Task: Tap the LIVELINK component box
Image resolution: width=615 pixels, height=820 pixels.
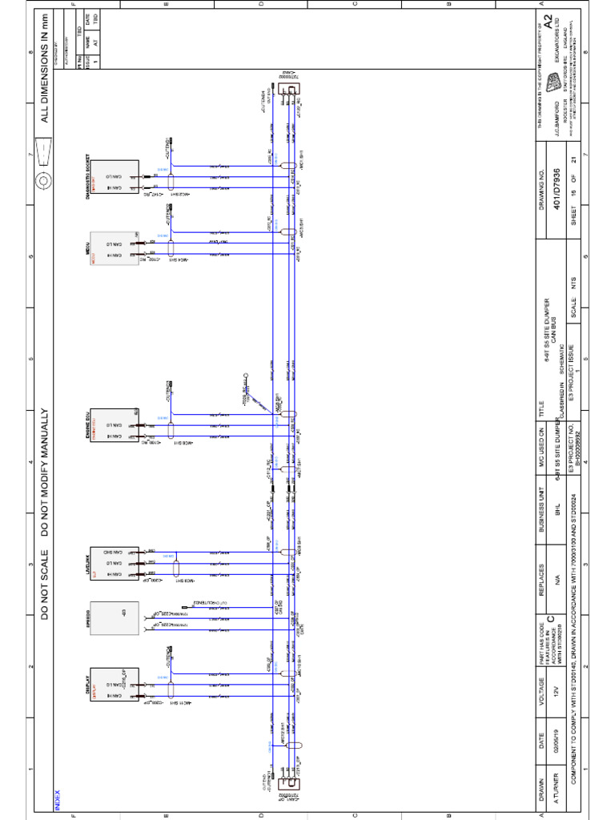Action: coord(115,564)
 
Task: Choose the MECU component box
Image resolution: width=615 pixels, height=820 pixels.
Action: coord(115,251)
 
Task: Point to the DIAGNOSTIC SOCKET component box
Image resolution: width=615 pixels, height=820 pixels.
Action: coord(115,180)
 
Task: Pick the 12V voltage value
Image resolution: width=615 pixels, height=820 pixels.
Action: coord(552,689)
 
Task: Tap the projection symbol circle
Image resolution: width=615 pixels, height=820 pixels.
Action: coord(45,177)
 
